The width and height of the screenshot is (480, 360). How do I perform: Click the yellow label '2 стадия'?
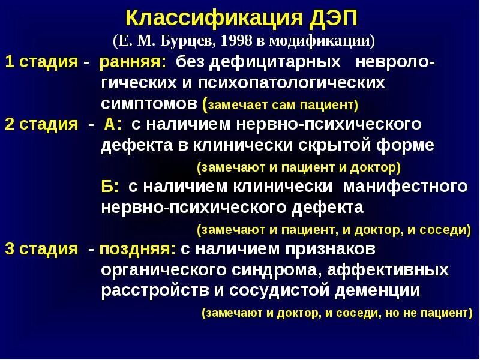pyautogui.click(x=41, y=125)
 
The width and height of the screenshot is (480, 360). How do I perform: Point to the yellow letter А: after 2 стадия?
pyautogui.click(x=113, y=125)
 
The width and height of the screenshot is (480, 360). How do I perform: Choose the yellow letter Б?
pyautogui.click(x=112, y=187)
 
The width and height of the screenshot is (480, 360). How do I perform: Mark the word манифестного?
pyautogui.click(x=405, y=187)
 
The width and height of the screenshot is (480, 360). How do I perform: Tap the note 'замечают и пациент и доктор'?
pyautogui.click(x=298, y=167)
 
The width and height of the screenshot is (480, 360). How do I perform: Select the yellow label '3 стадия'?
pyautogui.click(x=41, y=249)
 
